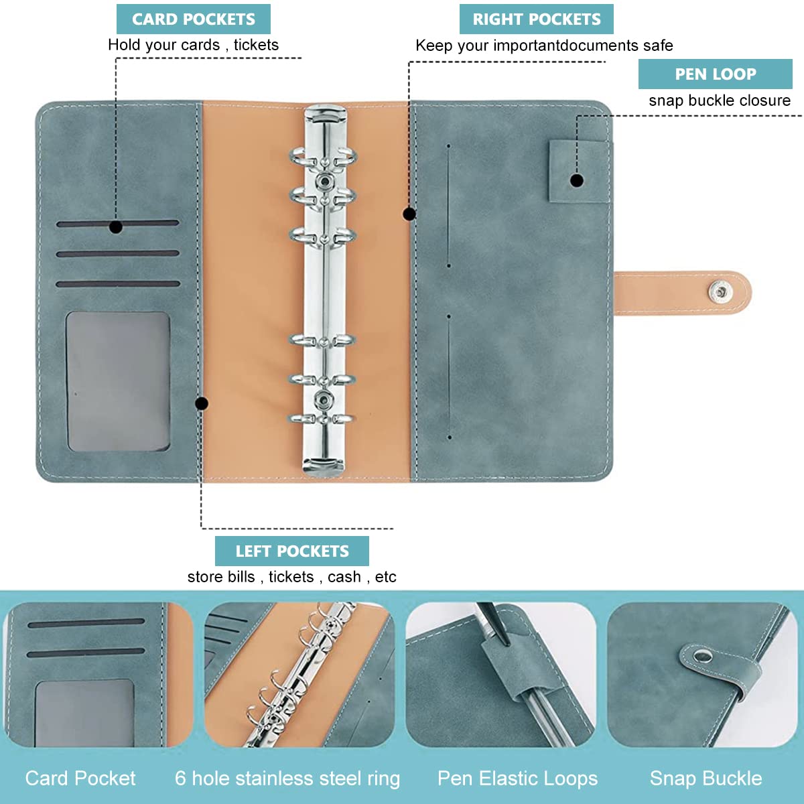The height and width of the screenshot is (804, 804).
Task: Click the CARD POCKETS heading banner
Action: (193, 19)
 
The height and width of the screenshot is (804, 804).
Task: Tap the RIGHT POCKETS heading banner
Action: (536, 19)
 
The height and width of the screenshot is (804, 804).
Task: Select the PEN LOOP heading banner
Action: (715, 74)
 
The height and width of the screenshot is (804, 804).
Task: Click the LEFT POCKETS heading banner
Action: (291, 551)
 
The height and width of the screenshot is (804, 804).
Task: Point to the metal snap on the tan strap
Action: (720, 291)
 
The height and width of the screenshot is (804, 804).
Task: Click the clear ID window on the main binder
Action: (118, 381)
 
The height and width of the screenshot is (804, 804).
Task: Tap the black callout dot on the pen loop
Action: (577, 181)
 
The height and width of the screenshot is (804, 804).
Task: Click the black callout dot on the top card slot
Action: (115, 227)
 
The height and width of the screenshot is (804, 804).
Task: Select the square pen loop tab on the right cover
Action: (578, 172)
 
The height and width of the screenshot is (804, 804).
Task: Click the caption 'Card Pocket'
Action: (80, 779)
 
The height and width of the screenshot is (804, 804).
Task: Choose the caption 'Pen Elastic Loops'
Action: (517, 779)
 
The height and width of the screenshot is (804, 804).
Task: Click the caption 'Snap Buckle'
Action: (706, 779)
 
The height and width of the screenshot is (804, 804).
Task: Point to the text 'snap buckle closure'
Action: (720, 100)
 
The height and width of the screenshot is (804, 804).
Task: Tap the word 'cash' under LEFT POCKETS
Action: (344, 577)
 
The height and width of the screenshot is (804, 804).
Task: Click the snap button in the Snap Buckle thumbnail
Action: (702, 657)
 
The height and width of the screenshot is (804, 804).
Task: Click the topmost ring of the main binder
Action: (324, 157)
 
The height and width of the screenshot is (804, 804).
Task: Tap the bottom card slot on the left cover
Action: (118, 284)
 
